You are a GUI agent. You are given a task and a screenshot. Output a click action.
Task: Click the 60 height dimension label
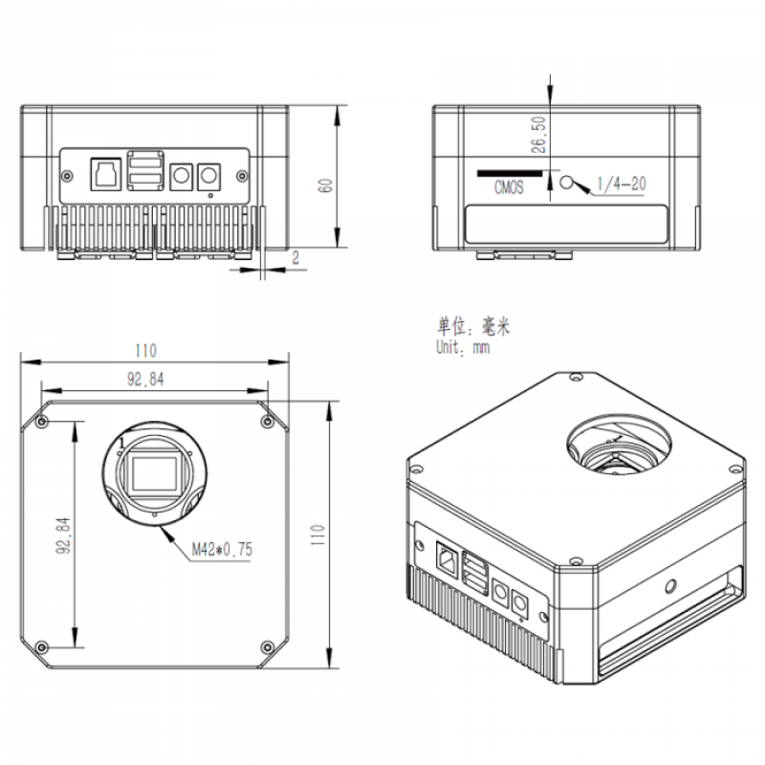click(x=325, y=186)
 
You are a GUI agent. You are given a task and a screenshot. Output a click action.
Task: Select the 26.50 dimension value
click(x=538, y=135)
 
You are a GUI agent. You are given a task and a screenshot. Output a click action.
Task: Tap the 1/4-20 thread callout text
click(x=621, y=184)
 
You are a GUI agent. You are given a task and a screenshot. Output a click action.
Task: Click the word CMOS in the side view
click(x=509, y=187)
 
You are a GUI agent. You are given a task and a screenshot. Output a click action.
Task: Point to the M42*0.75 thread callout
click(x=222, y=550)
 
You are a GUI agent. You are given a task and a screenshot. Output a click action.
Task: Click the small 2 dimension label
click(x=295, y=257)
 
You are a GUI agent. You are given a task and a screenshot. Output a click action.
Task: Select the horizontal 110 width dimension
click(x=146, y=350)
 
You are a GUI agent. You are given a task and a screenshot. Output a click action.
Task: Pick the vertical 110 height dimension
click(x=317, y=535)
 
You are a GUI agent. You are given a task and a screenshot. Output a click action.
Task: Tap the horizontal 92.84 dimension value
click(x=145, y=379)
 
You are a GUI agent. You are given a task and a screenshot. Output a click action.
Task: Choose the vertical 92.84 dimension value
click(x=63, y=535)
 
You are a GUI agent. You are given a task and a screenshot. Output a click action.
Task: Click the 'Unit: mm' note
click(x=463, y=347)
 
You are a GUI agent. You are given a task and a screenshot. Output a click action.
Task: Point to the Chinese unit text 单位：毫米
click(x=472, y=326)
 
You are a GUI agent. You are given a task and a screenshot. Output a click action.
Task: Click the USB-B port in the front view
click(x=106, y=174)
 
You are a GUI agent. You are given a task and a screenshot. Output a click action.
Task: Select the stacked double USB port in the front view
click(x=145, y=170)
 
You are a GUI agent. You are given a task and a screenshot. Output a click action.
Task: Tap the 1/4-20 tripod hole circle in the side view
click(x=566, y=183)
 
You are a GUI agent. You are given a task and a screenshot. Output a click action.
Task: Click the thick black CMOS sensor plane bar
click(x=510, y=173)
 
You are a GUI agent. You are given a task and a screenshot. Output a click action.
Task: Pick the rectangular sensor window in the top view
click(x=154, y=473)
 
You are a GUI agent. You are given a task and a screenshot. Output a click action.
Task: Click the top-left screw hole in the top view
click(x=42, y=421)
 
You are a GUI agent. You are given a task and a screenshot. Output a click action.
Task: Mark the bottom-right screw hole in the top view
click(x=267, y=647)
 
